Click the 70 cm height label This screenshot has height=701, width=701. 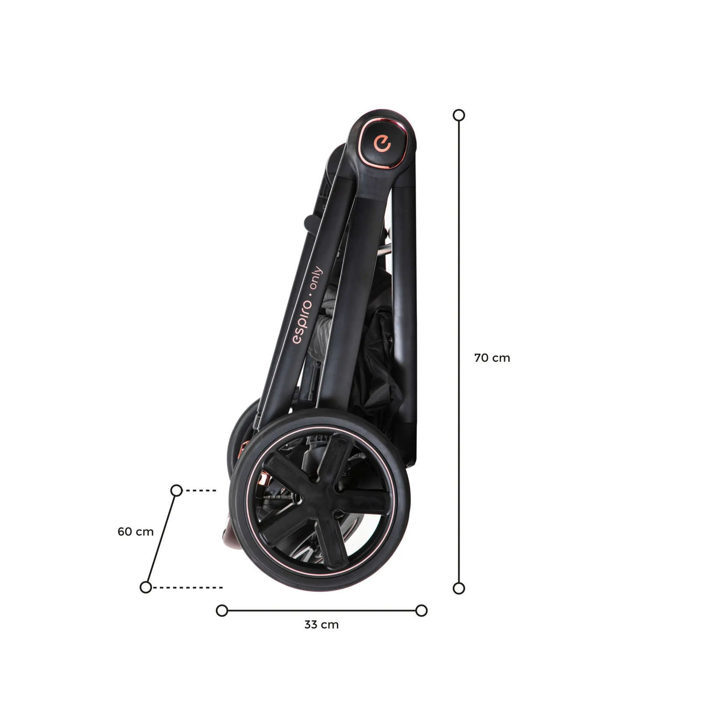click(492, 358)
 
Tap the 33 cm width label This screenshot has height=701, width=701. click(322, 625)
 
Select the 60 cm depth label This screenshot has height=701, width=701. click(135, 532)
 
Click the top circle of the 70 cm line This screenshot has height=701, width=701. click(459, 115)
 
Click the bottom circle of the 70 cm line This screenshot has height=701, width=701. click(459, 588)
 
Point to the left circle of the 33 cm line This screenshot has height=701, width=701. click(222, 610)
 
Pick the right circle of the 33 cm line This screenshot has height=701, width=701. click(421, 610)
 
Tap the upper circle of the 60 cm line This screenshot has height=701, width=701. click(176, 490)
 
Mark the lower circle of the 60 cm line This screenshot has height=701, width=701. click(145, 587)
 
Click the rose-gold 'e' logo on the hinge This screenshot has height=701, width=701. click(382, 144)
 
